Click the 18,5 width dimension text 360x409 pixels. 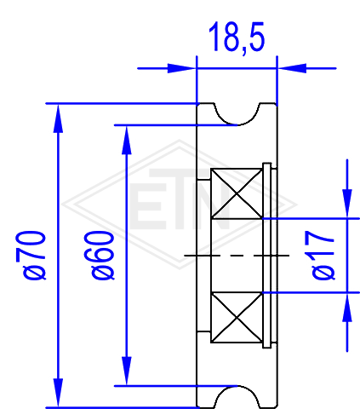pos(237,37)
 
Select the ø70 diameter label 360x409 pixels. pos(34,256)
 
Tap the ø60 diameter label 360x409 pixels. pos(103,256)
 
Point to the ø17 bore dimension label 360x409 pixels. pos(323,256)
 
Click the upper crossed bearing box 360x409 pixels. pos(237,193)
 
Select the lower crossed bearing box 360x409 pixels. pos(237,317)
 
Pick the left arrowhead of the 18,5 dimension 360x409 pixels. pos(181,68)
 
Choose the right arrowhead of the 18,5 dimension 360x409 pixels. pos(292,68)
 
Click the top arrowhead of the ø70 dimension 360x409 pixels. pos(58,118)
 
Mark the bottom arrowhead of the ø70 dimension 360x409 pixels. pos(58,393)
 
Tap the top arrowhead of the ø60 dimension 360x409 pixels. pos(127,140)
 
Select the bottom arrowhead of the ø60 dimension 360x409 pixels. pos(127,371)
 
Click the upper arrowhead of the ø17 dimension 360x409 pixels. pos(347,204)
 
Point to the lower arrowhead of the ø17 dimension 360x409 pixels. pos(347,307)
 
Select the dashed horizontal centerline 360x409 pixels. pos(237,256)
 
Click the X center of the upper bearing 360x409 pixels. pos(237,193)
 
